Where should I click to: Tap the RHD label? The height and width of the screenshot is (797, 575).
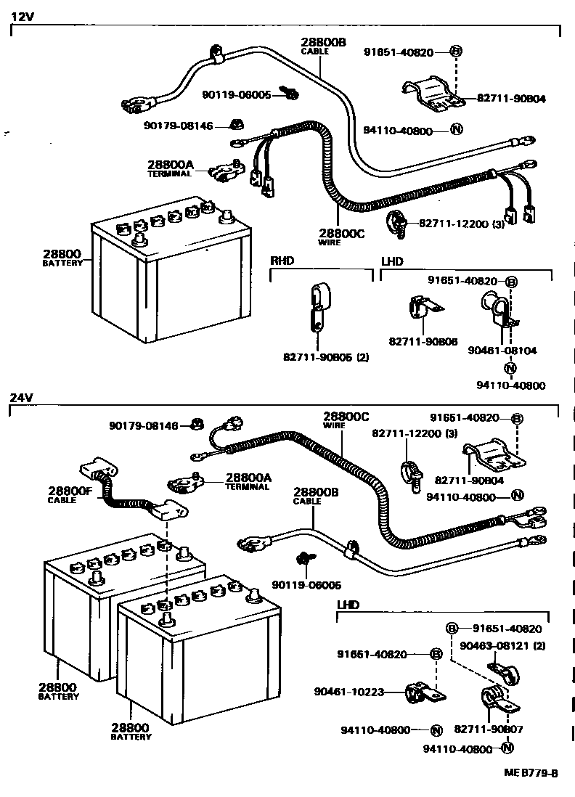(282, 261)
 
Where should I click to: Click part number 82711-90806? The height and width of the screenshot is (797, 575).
(423, 340)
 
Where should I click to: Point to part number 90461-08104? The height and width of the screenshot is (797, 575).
(512, 350)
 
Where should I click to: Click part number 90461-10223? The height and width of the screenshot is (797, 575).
(369, 691)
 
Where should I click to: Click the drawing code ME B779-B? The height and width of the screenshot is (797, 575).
(531, 773)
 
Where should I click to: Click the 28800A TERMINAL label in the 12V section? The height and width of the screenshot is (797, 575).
(169, 168)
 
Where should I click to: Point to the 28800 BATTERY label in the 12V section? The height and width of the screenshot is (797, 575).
(62, 258)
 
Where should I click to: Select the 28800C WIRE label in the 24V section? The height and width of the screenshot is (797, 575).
(346, 420)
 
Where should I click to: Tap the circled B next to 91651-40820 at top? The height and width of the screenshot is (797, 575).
(456, 52)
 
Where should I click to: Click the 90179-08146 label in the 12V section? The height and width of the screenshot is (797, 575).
(178, 126)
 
